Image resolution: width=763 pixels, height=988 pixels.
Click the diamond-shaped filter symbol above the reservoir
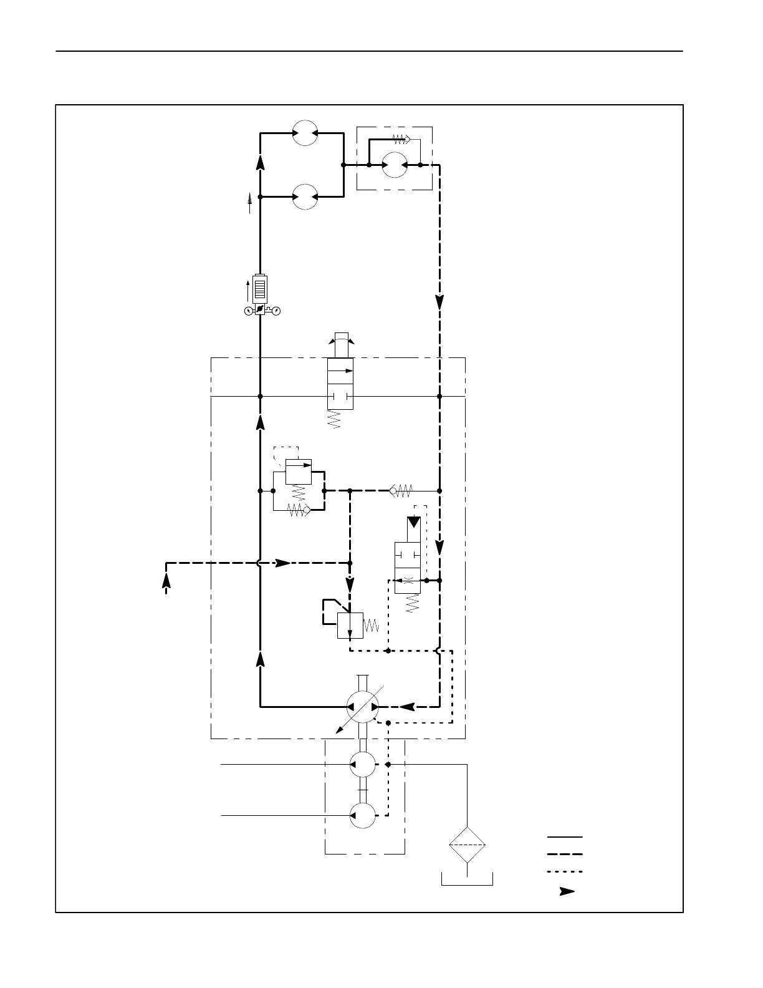[467, 845]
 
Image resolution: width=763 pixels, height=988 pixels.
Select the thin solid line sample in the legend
[565, 836]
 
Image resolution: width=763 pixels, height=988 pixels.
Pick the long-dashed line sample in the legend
[565, 854]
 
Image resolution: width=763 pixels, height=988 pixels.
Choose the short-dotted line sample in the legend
[565, 871]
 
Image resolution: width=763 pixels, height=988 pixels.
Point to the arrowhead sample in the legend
[567, 891]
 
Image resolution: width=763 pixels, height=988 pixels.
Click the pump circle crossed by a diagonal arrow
[363, 707]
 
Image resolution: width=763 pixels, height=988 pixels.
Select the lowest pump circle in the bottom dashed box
[363, 815]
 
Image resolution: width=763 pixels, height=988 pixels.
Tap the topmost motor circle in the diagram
[305, 133]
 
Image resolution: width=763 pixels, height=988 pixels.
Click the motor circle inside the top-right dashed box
[395, 165]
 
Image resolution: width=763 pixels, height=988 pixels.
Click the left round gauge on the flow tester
[249, 311]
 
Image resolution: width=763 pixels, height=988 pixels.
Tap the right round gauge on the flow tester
[277, 311]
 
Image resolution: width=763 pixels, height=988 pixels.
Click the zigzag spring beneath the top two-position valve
[335, 419]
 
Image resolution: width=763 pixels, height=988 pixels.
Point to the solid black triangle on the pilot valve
[414, 522]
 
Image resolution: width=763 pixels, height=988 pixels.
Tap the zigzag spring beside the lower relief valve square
[371, 625]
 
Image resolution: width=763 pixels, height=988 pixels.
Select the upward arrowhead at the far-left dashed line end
[166, 579]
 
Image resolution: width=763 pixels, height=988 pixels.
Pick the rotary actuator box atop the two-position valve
[341, 345]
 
